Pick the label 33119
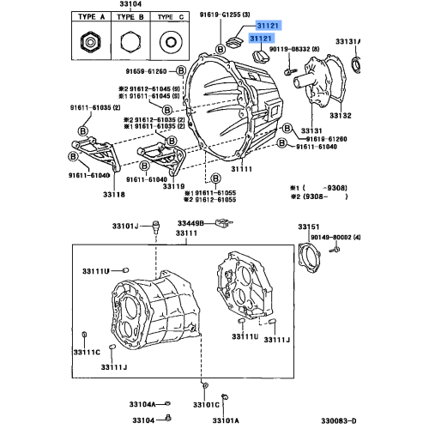click(x=174, y=185)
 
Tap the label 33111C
click(x=86, y=353)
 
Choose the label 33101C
click(x=205, y=404)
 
